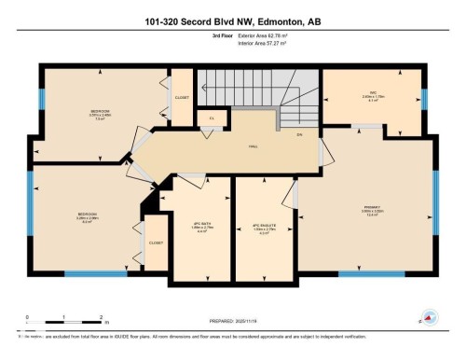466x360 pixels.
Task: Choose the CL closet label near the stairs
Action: pyautogui.click(x=212, y=118)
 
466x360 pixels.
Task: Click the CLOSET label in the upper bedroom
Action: pyautogui.click(x=182, y=96)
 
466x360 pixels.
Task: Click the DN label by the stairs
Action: pyautogui.click(x=299, y=136)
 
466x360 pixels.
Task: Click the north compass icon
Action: pyautogui.click(x=428, y=318)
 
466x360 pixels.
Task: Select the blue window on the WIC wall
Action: pyautogui.click(x=424, y=99)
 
